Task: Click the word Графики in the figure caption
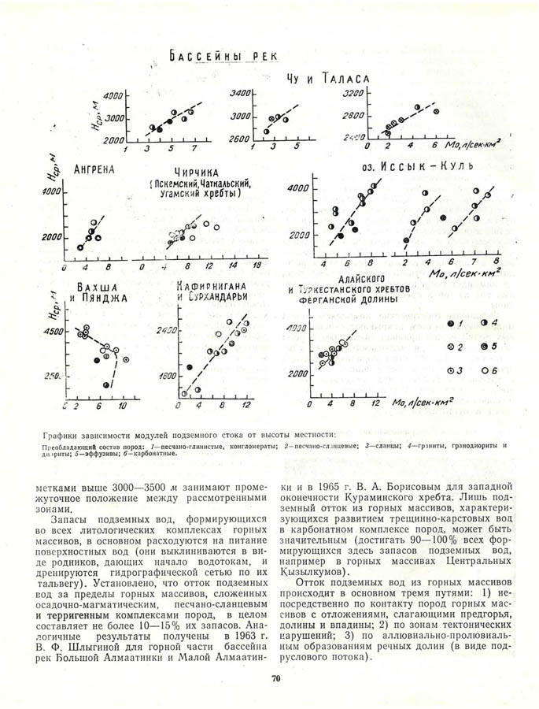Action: tap(63, 432)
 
